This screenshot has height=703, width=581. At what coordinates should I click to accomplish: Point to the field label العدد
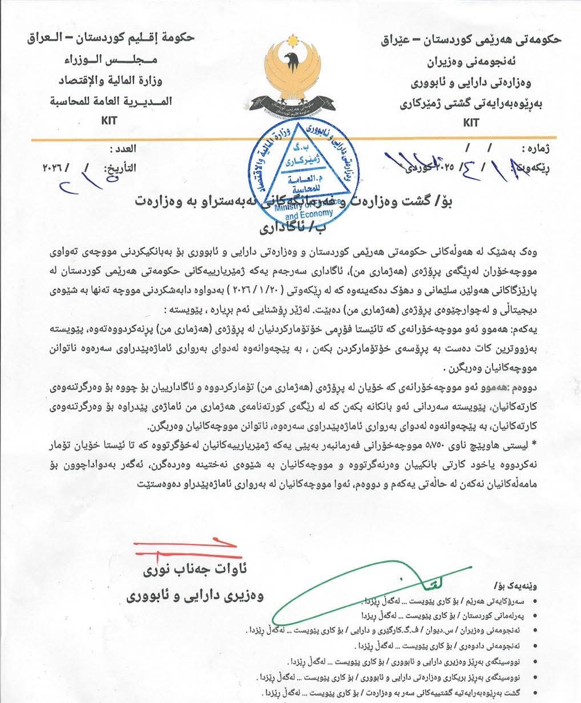(123, 149)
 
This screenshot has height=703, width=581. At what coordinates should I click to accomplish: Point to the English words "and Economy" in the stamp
(308, 216)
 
